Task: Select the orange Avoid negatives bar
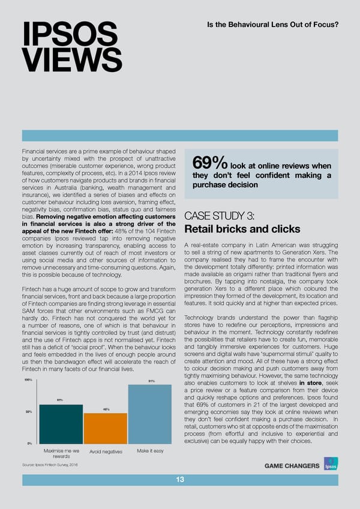pos(105,428)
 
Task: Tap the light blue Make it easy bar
pos(150,414)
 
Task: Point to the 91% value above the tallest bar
pos(151,381)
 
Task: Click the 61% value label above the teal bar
pos(61,400)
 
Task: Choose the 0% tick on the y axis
pos(29,443)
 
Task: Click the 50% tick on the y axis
pos(28,411)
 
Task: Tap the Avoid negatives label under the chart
pos(106,452)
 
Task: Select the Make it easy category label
pos(150,451)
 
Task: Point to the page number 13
pos(180,478)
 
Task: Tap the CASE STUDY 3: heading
pos(221,216)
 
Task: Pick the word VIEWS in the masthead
pos(72,60)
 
